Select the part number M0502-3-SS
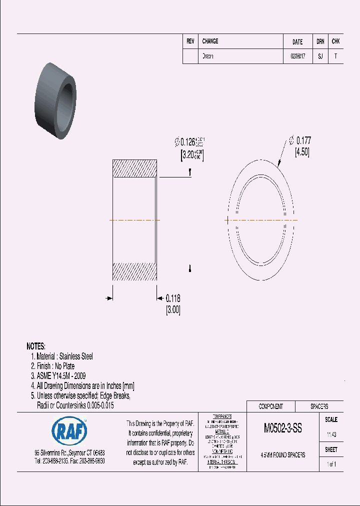(282, 429)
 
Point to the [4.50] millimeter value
(302, 152)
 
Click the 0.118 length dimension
(173, 298)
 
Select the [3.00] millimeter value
(172, 310)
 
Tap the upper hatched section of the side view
(135, 168)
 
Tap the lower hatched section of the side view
(135, 271)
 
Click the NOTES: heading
(36, 346)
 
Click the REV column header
(190, 42)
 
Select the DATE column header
(297, 42)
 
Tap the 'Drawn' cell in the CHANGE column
(207, 56)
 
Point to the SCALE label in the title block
(331, 419)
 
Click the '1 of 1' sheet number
(331, 464)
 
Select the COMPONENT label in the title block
(270, 406)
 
